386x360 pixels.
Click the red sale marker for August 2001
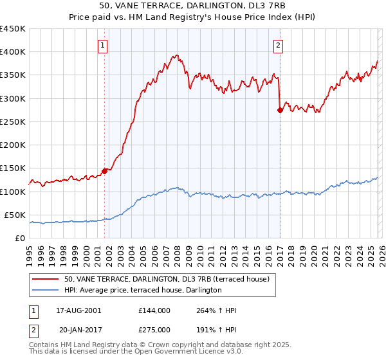tap(104, 172)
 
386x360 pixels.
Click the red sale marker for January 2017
tap(280, 111)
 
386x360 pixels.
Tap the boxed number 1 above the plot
tap(104, 45)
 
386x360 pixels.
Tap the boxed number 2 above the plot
tap(278, 45)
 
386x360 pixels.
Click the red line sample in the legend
tap(46, 279)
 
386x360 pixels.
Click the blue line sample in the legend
tap(46, 291)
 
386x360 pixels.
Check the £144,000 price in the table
tap(154, 310)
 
